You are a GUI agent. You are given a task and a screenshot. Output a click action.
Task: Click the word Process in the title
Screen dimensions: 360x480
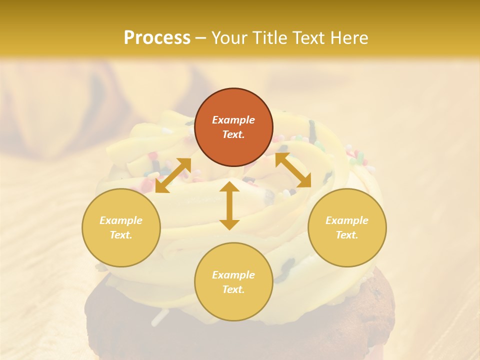157,38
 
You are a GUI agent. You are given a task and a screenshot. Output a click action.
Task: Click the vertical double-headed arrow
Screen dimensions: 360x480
229,205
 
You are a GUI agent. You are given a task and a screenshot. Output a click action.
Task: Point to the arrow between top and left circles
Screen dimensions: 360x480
173,175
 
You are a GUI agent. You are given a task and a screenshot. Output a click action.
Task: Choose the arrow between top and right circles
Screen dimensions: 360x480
293,170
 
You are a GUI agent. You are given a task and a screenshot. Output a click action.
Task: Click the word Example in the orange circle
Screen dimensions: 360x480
233,120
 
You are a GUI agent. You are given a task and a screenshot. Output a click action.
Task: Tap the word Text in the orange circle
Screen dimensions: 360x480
233,134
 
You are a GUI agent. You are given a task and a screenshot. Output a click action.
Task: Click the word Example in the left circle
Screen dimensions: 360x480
121,220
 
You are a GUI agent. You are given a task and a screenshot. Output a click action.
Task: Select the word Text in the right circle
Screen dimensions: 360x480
347,235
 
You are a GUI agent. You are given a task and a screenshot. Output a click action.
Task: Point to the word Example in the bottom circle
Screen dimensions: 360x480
233,275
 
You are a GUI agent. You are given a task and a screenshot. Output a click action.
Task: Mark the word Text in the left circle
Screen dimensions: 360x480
121,235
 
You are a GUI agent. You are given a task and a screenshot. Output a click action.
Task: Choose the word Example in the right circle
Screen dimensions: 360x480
347,220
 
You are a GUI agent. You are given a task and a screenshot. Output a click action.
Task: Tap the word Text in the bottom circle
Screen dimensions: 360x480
233,289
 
